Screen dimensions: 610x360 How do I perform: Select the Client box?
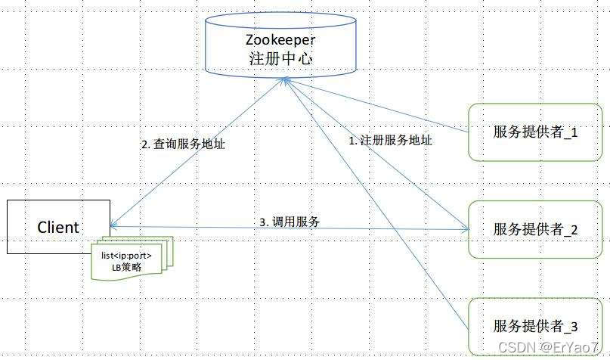[x=58, y=226]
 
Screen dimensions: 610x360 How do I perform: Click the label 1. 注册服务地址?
[x=390, y=140]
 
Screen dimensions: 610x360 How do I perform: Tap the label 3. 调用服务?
[x=290, y=222]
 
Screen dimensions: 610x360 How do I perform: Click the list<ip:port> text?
[x=126, y=255]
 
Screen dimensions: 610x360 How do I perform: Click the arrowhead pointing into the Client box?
[x=113, y=225]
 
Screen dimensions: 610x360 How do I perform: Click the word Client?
[x=58, y=227]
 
